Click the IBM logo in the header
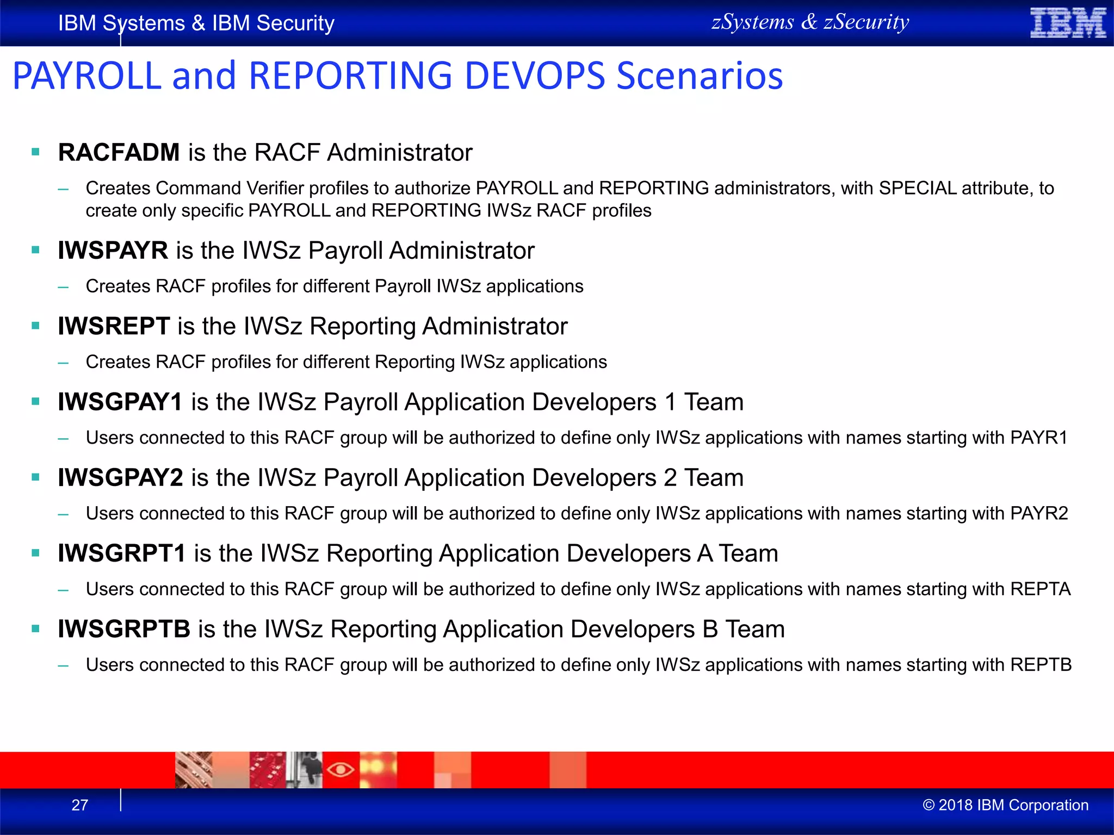(x=1068, y=23)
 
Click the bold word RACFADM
(x=119, y=152)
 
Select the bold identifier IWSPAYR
(x=113, y=251)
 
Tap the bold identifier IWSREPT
(x=114, y=326)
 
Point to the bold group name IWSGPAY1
(x=120, y=402)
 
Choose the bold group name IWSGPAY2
(x=120, y=478)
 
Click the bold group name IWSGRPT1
(x=122, y=553)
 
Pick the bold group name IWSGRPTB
(x=124, y=629)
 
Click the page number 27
(x=80, y=805)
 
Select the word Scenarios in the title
(x=700, y=76)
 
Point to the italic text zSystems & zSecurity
(x=810, y=22)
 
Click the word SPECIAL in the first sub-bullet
(x=917, y=188)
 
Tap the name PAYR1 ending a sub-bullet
(x=1039, y=438)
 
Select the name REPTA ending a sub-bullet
(x=1040, y=589)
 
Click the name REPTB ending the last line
(x=1041, y=665)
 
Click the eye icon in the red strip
(x=341, y=770)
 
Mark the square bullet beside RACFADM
(x=36, y=153)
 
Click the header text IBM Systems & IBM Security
(x=196, y=23)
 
